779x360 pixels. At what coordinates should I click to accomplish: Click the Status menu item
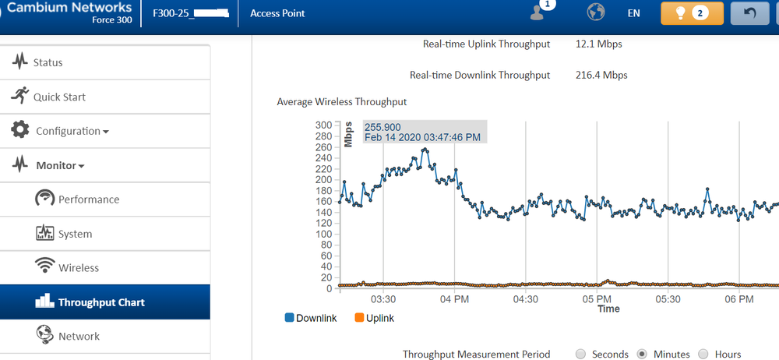click(48, 62)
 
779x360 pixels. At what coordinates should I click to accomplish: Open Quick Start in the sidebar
click(59, 97)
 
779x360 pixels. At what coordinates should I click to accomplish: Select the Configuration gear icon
click(20, 130)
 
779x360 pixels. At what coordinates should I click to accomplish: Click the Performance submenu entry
click(89, 199)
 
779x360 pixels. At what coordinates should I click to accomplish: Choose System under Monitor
click(75, 234)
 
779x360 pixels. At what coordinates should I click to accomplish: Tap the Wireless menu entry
click(79, 268)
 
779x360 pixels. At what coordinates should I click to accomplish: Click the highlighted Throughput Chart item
click(101, 302)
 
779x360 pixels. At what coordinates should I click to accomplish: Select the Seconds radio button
click(580, 354)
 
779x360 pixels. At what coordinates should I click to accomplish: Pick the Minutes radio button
click(642, 354)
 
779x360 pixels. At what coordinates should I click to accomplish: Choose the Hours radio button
click(703, 354)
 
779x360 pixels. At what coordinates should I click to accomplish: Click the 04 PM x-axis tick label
click(455, 299)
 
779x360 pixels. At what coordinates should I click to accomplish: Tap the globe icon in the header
click(596, 13)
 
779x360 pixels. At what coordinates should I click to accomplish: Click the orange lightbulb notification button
click(692, 13)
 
